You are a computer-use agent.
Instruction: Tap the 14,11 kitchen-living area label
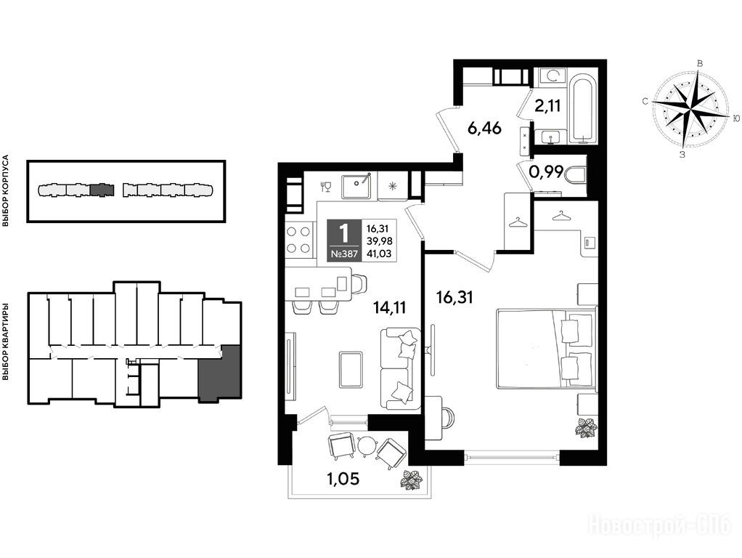[389, 307]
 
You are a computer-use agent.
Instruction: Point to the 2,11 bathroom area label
[547, 105]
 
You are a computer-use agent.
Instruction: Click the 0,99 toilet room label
[546, 172]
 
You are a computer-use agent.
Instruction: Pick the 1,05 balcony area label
[343, 479]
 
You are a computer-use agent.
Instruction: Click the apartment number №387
[344, 254]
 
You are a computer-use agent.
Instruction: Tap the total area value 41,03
[379, 254]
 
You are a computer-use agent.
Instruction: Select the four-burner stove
[300, 240]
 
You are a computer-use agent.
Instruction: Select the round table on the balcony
[367, 445]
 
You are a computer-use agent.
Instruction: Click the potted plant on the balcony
[410, 480]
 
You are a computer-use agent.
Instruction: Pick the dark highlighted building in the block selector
[102, 190]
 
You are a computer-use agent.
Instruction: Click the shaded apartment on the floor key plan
[219, 374]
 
